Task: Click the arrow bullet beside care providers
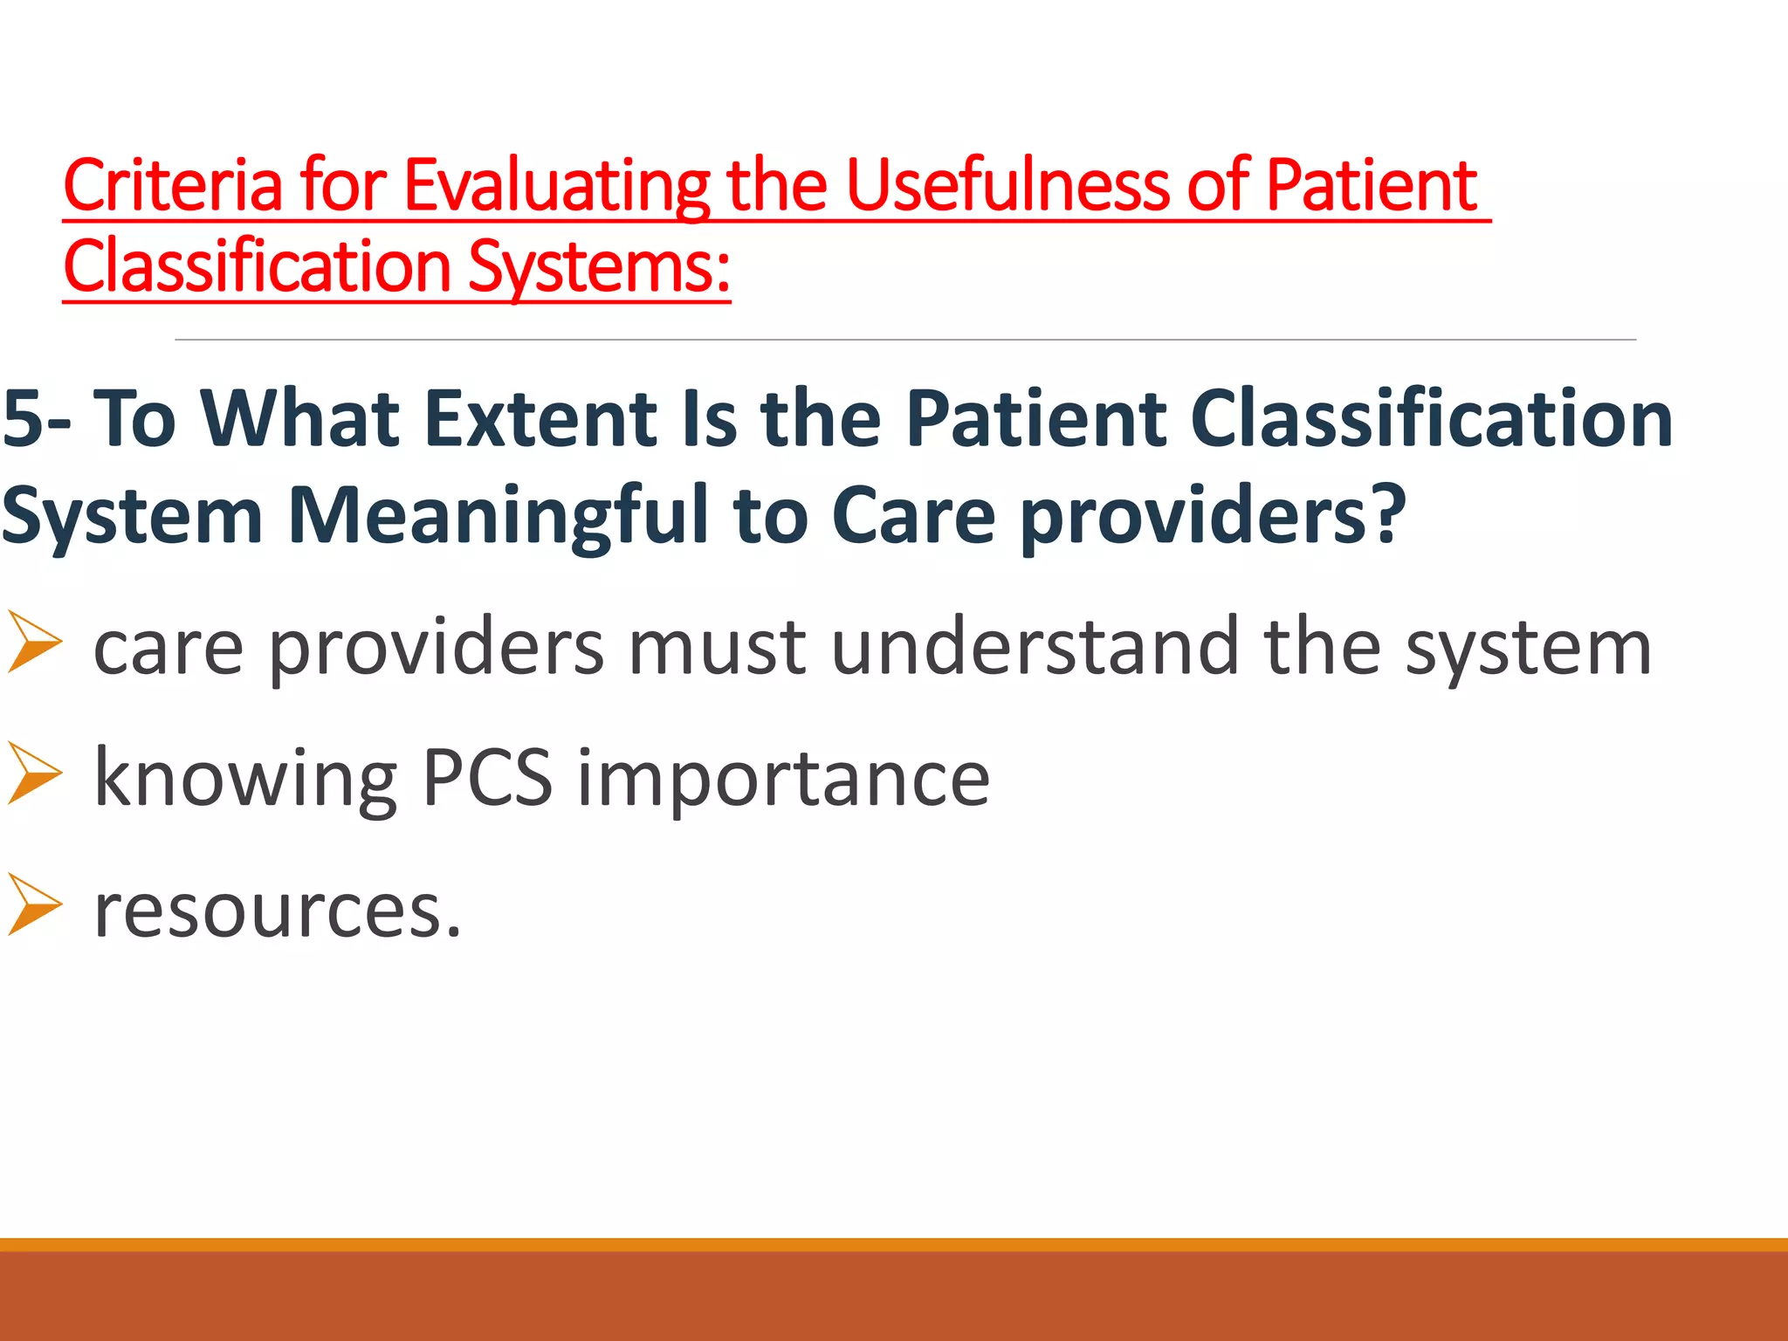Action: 35,643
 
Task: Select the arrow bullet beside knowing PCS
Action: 35,774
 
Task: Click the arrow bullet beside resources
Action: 35,905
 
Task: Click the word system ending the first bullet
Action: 1528,650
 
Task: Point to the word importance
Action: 784,779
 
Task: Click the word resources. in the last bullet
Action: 278,910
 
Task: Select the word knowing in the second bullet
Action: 244,779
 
